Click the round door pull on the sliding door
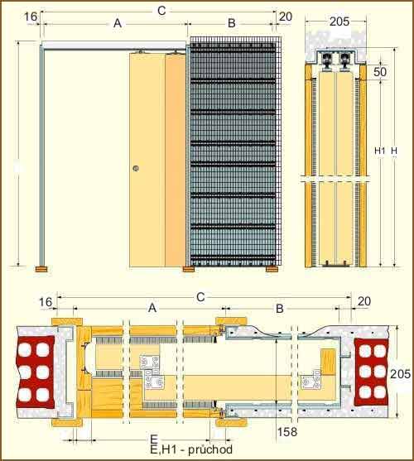coord(136,169)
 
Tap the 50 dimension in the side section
coord(380,72)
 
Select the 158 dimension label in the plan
coord(287,431)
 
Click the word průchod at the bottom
coord(210,449)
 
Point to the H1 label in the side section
coord(379,151)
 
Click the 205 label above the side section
coord(339,22)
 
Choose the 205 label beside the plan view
coord(400,374)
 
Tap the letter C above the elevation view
coord(161,11)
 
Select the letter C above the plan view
coord(200,297)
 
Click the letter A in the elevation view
coord(118,23)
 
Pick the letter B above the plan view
coord(280,309)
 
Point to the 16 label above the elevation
coord(31,17)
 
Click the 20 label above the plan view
coord(364,301)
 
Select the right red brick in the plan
coord(372,372)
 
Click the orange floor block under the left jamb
coord(41,269)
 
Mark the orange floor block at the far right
coord(272,269)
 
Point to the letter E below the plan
coord(154,439)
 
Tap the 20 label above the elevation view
coord(285,17)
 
